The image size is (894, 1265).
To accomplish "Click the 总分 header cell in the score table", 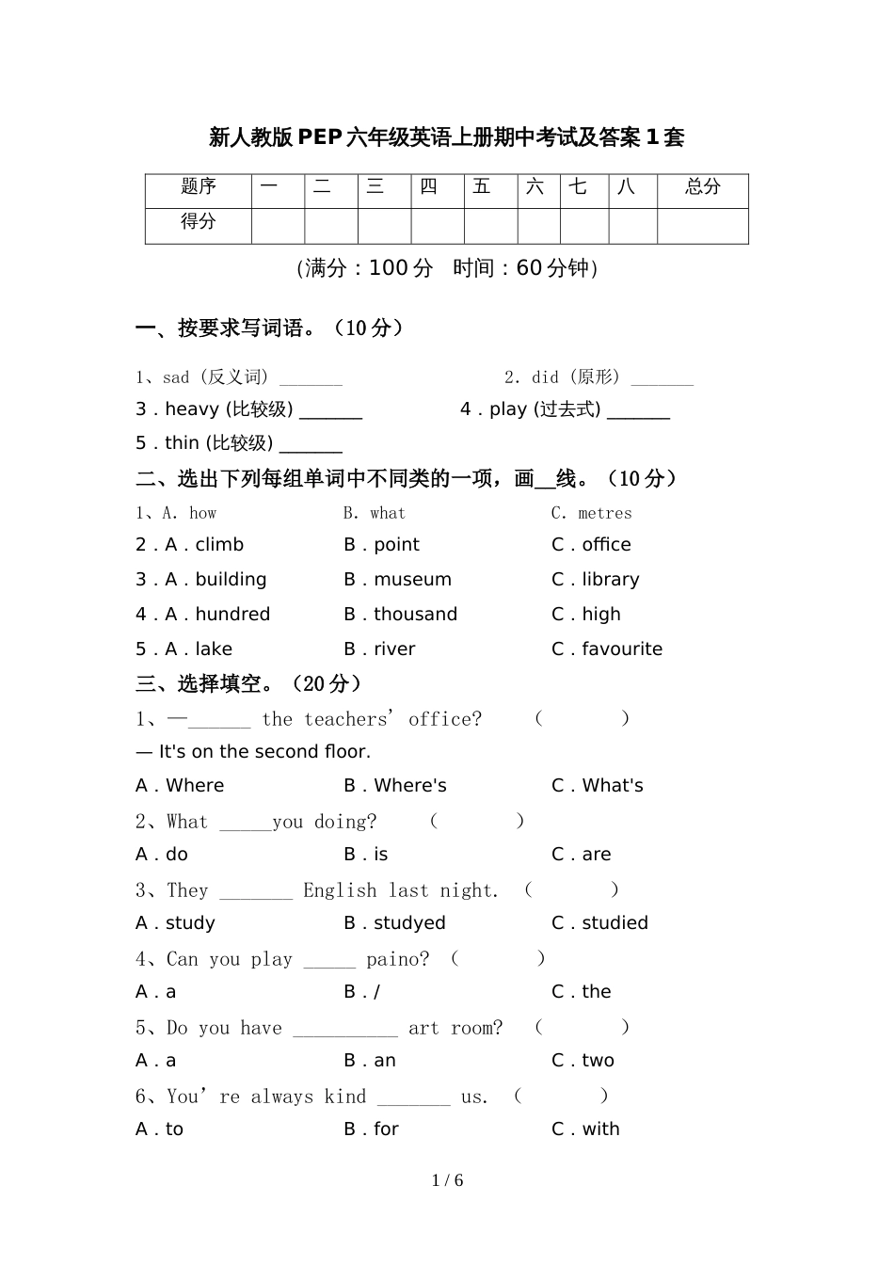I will (702, 187).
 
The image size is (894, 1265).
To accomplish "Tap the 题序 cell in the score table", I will (199, 187).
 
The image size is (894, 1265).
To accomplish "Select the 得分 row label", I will (199, 222).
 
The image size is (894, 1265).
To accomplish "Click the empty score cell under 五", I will (490, 226).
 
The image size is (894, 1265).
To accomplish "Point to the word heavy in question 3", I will (192, 409).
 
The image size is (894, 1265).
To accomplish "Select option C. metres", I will (592, 513).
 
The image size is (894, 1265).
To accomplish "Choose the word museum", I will (412, 580).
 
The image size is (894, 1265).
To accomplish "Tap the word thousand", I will (415, 615).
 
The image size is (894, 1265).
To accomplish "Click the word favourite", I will (622, 649).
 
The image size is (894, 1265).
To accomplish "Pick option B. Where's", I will (395, 786).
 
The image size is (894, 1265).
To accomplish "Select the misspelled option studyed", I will (409, 923).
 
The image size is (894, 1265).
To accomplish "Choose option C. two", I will (583, 1061).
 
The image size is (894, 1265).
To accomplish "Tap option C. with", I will (586, 1129).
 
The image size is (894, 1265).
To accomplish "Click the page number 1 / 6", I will (448, 1180).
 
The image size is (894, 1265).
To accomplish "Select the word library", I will (610, 580).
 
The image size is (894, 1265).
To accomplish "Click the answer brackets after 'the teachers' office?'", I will (582, 719).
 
